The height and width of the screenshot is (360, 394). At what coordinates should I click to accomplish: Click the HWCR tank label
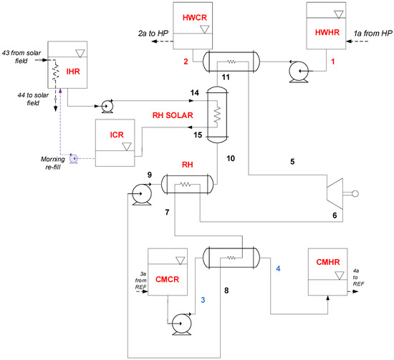click(x=194, y=18)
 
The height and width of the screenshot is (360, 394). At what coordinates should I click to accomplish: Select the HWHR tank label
click(x=327, y=32)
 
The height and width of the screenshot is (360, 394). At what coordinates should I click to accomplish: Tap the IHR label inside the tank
click(x=73, y=72)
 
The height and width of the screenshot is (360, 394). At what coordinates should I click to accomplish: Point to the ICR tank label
click(x=117, y=135)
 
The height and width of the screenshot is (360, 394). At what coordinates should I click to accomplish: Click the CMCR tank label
click(x=167, y=279)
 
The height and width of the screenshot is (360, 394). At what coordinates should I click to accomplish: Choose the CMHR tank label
click(x=328, y=262)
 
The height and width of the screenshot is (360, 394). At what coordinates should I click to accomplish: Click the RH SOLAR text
click(x=173, y=115)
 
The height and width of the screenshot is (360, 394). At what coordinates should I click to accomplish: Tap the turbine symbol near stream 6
click(x=335, y=193)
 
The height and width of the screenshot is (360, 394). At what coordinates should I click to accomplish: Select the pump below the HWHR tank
click(x=299, y=72)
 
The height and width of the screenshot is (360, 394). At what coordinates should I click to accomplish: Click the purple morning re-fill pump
click(x=74, y=159)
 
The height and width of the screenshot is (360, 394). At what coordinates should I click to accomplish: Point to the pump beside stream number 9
click(x=142, y=195)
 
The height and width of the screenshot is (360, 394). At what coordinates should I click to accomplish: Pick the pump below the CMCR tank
click(x=181, y=324)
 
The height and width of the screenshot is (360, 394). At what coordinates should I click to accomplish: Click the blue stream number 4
click(x=278, y=268)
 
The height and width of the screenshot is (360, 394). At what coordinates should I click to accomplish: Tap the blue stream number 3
click(x=203, y=300)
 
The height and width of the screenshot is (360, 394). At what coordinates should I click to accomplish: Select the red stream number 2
click(x=186, y=62)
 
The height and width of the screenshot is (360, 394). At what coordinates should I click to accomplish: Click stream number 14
click(x=194, y=93)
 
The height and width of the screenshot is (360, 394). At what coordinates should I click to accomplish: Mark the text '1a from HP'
click(x=373, y=33)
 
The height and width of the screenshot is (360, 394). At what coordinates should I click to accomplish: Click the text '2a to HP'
click(x=153, y=33)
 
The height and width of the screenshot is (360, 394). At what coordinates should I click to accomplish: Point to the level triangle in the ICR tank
click(x=127, y=147)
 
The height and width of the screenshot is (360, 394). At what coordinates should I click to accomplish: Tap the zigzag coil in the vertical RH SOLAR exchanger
click(x=217, y=115)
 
